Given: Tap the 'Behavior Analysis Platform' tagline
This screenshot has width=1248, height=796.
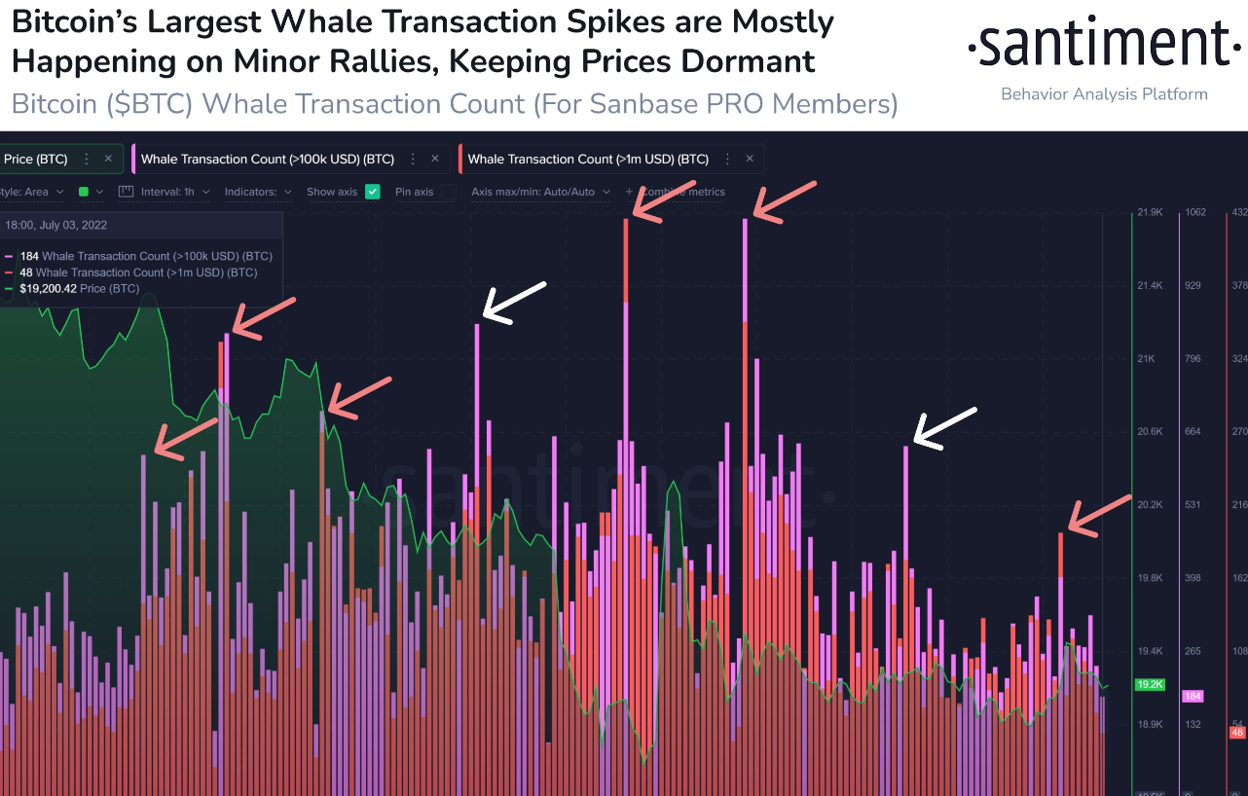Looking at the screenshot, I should click(1104, 94).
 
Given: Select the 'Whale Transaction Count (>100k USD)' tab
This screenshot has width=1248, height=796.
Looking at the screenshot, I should click(267, 159).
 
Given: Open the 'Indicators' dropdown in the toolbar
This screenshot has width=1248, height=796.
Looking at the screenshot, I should click(258, 192).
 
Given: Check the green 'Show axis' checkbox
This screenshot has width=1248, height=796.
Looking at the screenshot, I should click(372, 192).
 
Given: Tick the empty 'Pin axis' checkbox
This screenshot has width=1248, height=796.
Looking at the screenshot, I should click(448, 192).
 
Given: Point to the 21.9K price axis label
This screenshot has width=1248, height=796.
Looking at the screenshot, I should click(1150, 212).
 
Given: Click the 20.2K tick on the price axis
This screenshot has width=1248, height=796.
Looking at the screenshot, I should click(1150, 504).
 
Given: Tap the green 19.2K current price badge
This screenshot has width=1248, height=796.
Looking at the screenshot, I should click(1150, 684).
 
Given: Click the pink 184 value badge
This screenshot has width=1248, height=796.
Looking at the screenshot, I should click(1193, 696).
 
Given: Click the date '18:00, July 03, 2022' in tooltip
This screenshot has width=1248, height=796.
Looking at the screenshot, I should click(56, 225).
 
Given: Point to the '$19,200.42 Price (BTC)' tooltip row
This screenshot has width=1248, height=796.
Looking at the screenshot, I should click(79, 289).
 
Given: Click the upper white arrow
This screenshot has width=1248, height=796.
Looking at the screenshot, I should click(515, 303).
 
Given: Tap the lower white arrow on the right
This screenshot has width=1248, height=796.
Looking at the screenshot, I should click(943, 429).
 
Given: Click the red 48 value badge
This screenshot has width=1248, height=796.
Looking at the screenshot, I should click(1237, 732).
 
